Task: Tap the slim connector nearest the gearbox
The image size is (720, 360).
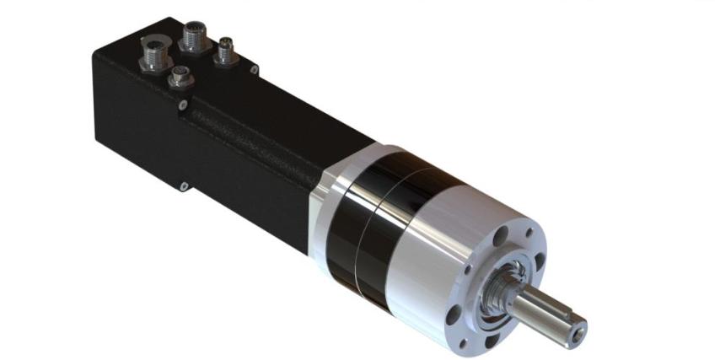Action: (x=226, y=51)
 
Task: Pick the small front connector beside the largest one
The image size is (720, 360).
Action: (x=180, y=78)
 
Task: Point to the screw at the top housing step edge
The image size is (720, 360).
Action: (x=183, y=105)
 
